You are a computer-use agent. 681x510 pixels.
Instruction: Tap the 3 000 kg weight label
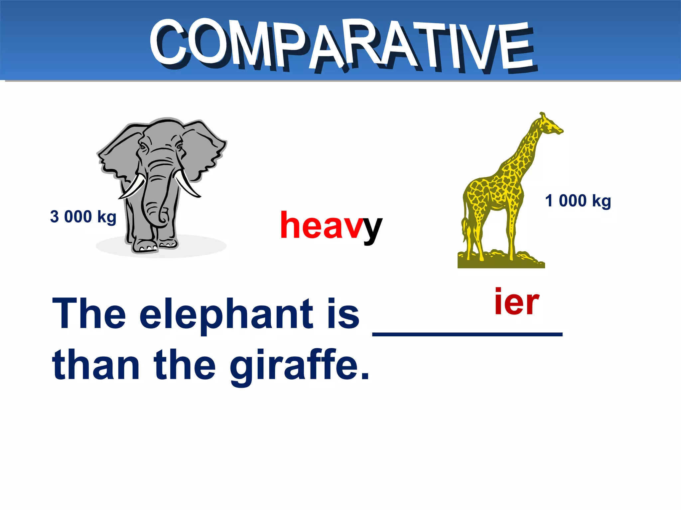pos(83,217)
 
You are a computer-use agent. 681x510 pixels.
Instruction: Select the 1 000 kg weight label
pos(578,201)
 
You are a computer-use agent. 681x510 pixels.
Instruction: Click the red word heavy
pos(331,226)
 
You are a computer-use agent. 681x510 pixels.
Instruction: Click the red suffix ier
pos(516,302)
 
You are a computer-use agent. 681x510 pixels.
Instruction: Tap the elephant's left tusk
pos(133,188)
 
